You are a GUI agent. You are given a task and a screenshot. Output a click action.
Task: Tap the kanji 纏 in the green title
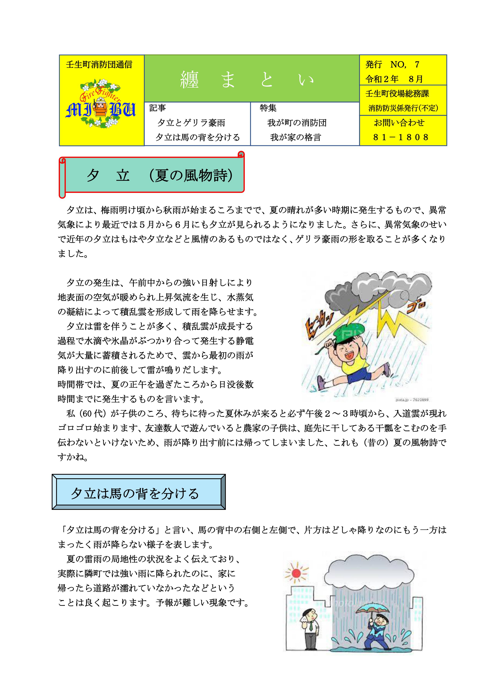click(x=189, y=79)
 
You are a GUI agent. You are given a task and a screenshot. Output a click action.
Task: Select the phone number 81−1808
click(x=401, y=137)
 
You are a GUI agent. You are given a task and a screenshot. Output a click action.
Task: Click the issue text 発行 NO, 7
click(x=392, y=65)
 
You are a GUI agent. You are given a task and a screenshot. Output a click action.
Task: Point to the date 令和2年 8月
click(x=394, y=79)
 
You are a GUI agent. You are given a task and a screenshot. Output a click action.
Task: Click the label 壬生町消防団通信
click(x=99, y=65)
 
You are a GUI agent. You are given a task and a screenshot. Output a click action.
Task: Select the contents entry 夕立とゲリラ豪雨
click(x=191, y=123)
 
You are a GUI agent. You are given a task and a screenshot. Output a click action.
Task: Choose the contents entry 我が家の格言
click(x=295, y=137)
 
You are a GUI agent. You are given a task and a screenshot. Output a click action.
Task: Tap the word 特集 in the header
click(x=268, y=108)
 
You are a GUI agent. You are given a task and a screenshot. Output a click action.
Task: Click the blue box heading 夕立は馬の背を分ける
click(x=135, y=493)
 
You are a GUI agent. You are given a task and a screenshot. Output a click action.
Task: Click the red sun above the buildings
click(x=296, y=572)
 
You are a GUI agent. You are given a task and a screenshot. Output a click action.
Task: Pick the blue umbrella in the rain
click(x=373, y=608)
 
